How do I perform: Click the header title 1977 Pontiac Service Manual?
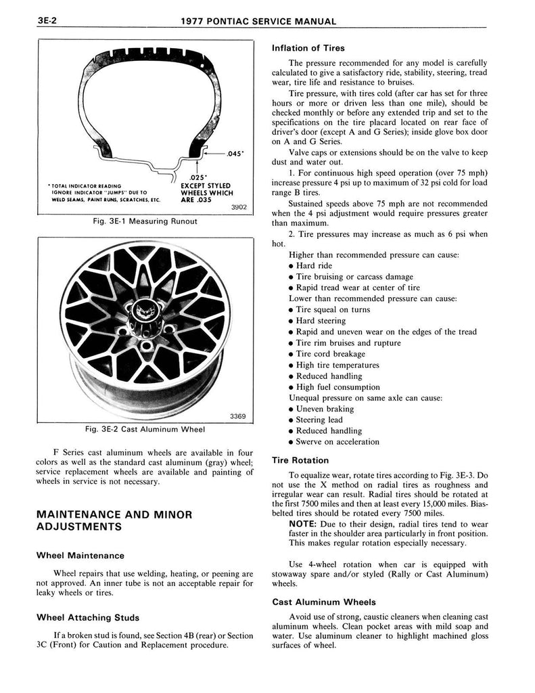[259, 22]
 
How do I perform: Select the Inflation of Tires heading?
[308, 48]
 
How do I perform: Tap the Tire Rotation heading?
[300, 460]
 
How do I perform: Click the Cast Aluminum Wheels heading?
[323, 602]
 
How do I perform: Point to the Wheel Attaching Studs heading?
[88, 618]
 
